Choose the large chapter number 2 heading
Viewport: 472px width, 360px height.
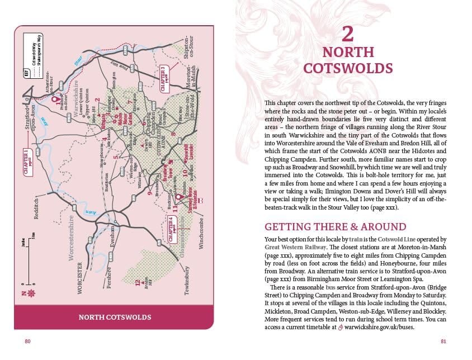347,35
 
